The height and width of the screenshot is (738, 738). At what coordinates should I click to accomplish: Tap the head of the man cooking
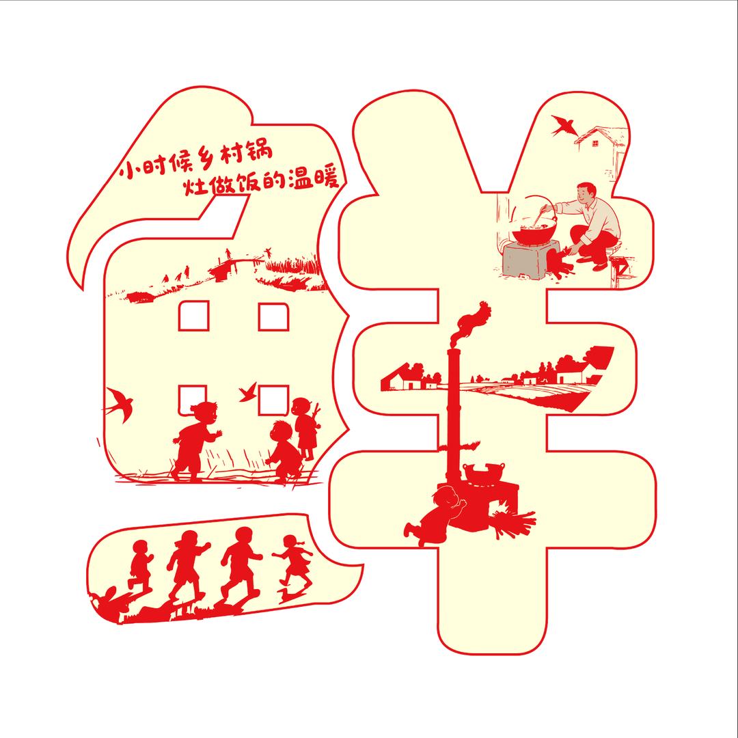[x=587, y=193]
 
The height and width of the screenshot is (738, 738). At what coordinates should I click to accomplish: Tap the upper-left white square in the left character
[x=193, y=316]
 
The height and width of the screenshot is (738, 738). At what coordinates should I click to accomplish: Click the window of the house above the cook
[x=595, y=143]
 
